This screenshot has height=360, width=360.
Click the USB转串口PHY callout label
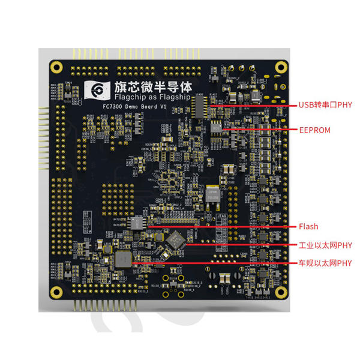click(x=325, y=104)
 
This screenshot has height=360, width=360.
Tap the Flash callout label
click(x=308, y=227)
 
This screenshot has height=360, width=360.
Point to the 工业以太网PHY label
click(x=325, y=245)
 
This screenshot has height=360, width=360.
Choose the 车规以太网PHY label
click(x=325, y=263)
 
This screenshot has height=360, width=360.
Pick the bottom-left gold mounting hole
click(x=57, y=292)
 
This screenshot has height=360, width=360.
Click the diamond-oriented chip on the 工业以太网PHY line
click(x=176, y=239)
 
